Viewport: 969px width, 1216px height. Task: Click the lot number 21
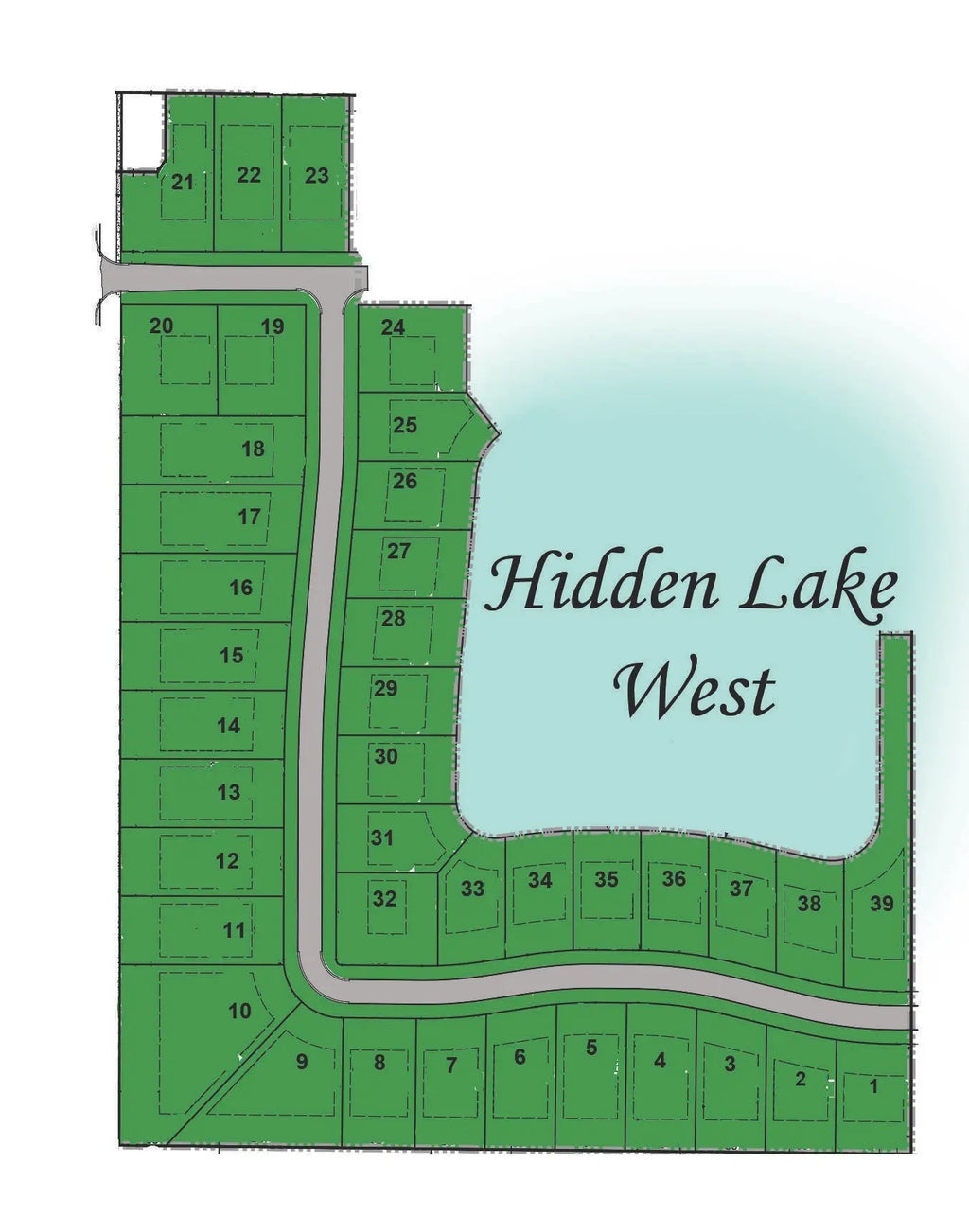[183, 182]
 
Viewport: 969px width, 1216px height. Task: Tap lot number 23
[317, 175]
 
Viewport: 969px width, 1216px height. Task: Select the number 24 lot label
[393, 327]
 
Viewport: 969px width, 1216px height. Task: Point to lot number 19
[273, 326]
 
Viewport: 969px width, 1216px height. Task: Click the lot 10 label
[240, 1011]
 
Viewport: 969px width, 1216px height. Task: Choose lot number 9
[302, 1062]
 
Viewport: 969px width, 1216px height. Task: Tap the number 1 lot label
[873, 1086]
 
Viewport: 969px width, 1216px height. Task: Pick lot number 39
[881, 904]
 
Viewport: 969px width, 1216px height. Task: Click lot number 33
[472, 889]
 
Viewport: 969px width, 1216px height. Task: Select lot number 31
[381, 837]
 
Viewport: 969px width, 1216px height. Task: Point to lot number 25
[405, 425]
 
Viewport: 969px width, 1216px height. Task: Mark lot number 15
[231, 655]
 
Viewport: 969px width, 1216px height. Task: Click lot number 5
[591, 1048]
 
